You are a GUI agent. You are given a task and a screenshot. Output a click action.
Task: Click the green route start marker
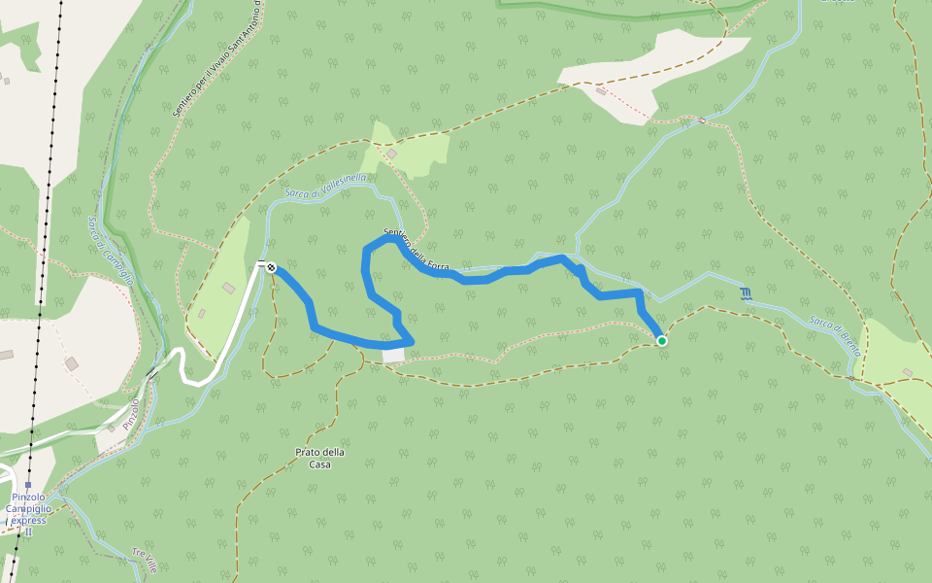tap(661, 341)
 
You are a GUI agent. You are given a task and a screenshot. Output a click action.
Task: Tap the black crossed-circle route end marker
tap(271, 267)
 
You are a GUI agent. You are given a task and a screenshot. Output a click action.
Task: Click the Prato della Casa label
tap(320, 458)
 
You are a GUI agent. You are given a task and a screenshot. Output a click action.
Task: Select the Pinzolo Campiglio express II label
tap(29, 509)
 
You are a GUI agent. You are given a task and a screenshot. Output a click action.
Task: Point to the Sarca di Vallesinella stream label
tap(325, 186)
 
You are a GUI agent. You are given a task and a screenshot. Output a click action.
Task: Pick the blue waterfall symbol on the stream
tap(745, 293)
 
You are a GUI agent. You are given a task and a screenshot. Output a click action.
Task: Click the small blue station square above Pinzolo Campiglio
tap(29, 485)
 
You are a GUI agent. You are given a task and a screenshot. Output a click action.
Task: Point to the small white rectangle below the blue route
tap(393, 356)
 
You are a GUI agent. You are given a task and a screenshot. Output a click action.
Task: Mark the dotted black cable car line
tap(47, 243)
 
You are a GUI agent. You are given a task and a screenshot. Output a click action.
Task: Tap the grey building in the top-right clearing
tap(601, 92)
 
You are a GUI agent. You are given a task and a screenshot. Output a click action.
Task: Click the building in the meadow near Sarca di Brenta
tap(907, 372)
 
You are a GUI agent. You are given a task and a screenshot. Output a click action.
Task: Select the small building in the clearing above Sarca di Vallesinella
tap(391, 154)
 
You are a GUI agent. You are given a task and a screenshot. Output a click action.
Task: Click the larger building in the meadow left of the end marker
tap(228, 288)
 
